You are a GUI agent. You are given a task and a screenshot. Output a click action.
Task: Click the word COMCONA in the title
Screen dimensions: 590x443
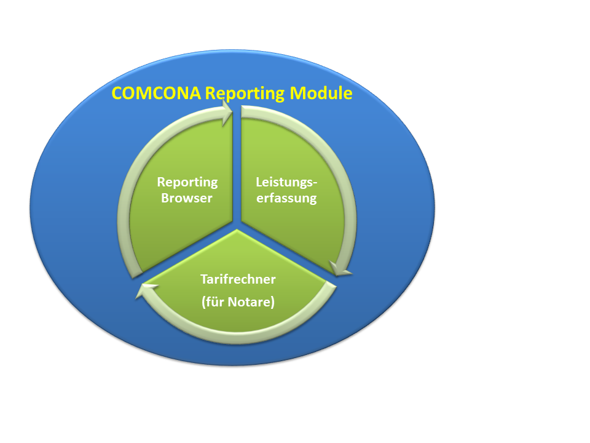(x=156, y=93)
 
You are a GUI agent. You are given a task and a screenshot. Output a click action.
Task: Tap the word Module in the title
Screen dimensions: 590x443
(x=321, y=93)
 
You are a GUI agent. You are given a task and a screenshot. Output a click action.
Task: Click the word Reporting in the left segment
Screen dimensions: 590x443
(x=187, y=182)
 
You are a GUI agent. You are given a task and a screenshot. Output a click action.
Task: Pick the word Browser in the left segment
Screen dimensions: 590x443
(x=187, y=198)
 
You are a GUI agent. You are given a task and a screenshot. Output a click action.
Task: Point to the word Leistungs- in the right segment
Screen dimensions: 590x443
(x=287, y=182)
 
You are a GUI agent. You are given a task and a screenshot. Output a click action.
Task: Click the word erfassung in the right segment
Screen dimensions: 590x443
(x=286, y=198)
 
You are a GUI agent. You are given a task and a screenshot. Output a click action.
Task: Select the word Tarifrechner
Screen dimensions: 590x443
(x=238, y=279)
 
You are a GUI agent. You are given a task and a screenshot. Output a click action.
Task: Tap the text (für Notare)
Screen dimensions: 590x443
(x=238, y=302)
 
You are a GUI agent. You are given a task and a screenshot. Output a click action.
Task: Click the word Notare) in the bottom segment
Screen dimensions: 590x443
(x=251, y=302)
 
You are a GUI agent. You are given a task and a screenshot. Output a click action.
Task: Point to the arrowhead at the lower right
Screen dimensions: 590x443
(x=340, y=268)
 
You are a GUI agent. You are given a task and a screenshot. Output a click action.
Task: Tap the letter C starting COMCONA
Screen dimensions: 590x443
(x=117, y=94)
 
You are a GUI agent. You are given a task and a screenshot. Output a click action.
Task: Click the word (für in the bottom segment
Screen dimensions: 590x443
(x=213, y=302)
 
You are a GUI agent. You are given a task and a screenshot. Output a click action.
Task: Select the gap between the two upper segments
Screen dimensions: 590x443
(x=237, y=166)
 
